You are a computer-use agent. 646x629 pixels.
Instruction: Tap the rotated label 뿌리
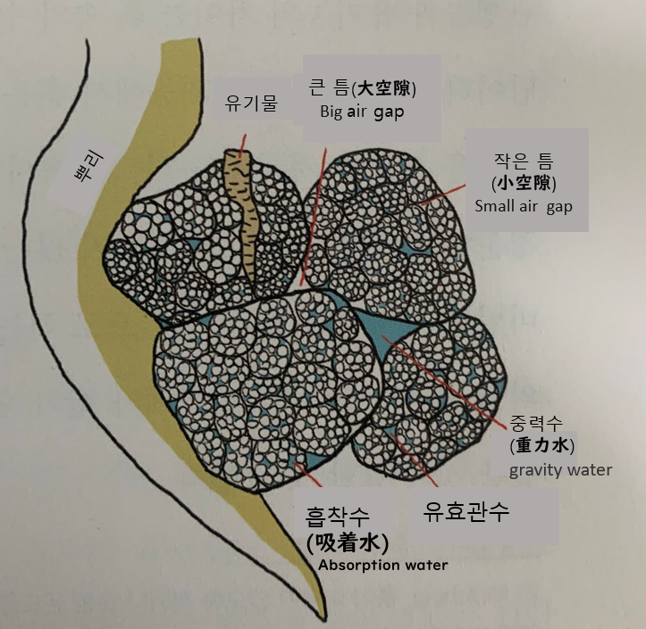88,167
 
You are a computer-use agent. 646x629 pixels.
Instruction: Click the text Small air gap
524,206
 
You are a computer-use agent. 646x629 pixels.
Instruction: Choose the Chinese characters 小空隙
524,183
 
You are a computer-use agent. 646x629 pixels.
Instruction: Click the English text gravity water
560,469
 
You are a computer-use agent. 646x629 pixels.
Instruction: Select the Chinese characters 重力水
542,445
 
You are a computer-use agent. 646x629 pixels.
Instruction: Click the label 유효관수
466,512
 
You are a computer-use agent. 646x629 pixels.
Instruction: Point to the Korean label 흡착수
337,517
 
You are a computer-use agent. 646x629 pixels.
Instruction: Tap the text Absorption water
382,565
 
